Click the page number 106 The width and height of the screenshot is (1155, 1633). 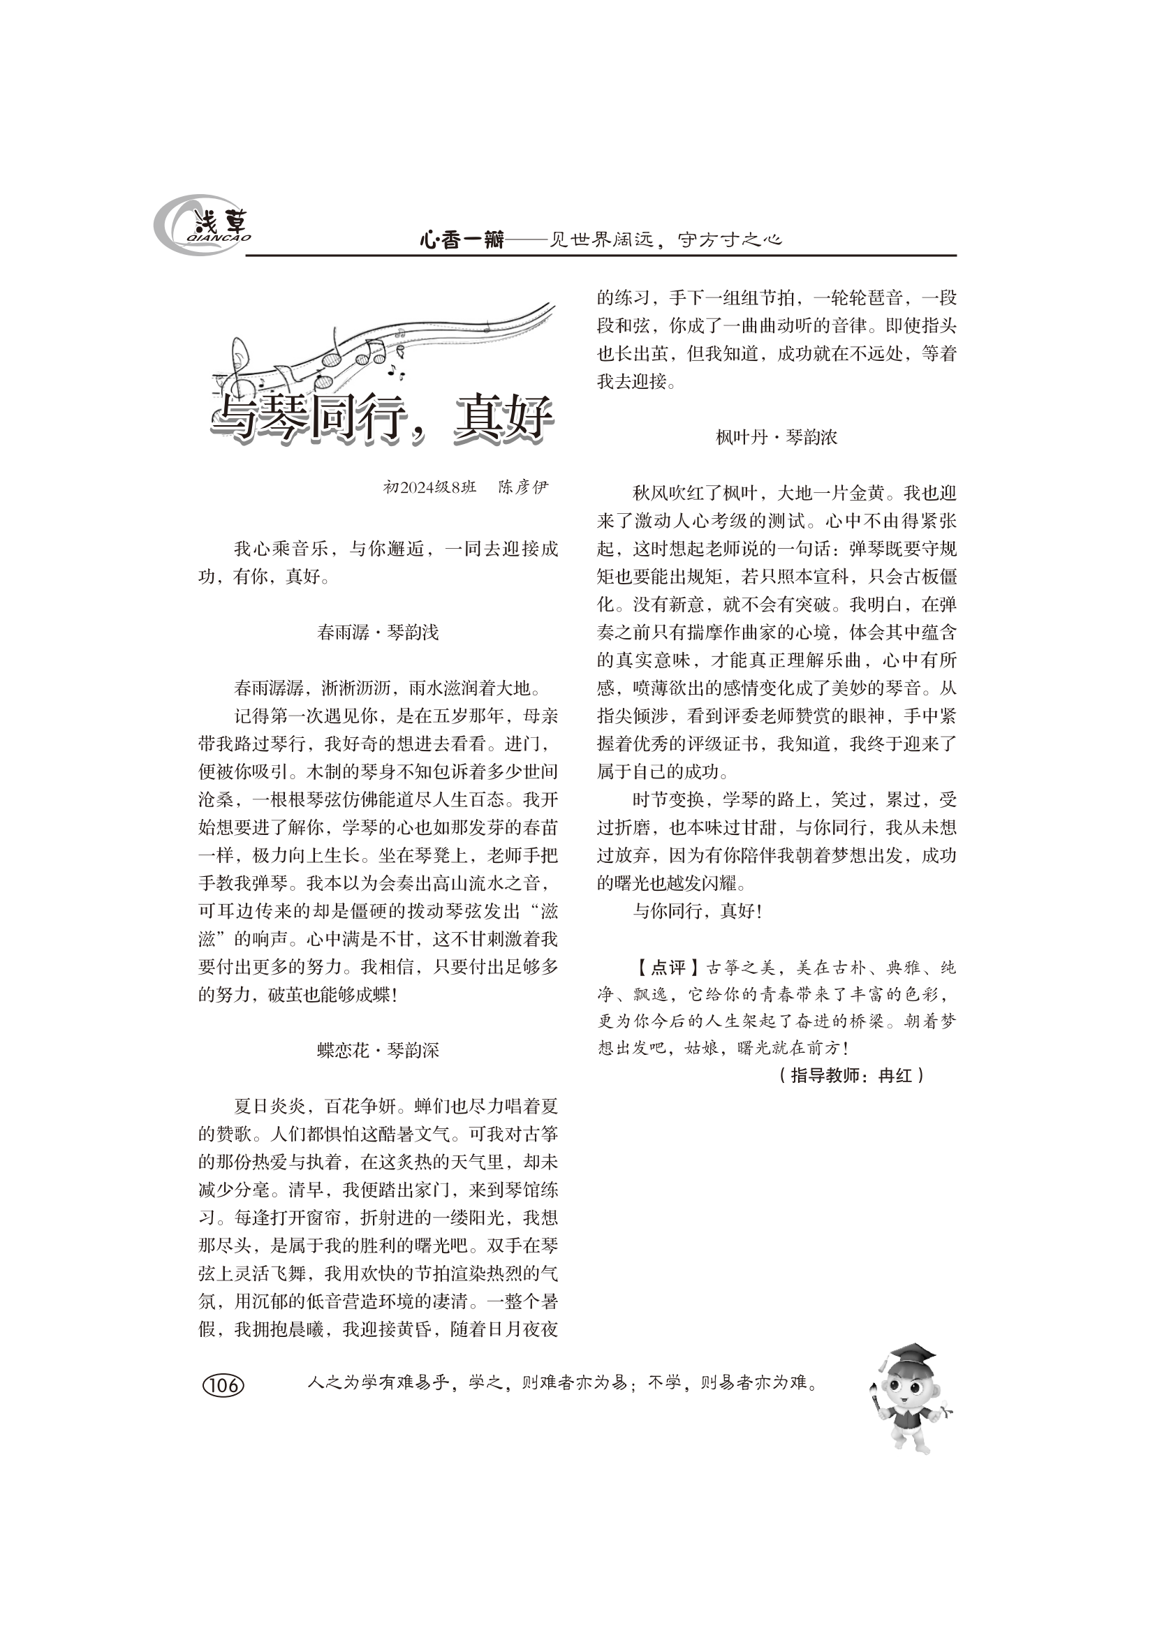(x=223, y=1384)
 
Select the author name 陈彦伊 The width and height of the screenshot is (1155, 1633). (x=524, y=487)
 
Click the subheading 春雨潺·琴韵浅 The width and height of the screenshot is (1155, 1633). (x=378, y=632)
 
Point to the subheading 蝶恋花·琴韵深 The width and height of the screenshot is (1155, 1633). (x=378, y=1050)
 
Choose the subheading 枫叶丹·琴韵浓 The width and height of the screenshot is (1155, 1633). (x=776, y=436)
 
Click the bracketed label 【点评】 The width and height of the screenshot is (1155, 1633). (x=661, y=967)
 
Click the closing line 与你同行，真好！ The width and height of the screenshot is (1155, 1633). (x=697, y=911)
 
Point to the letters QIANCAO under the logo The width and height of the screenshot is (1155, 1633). (x=219, y=238)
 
